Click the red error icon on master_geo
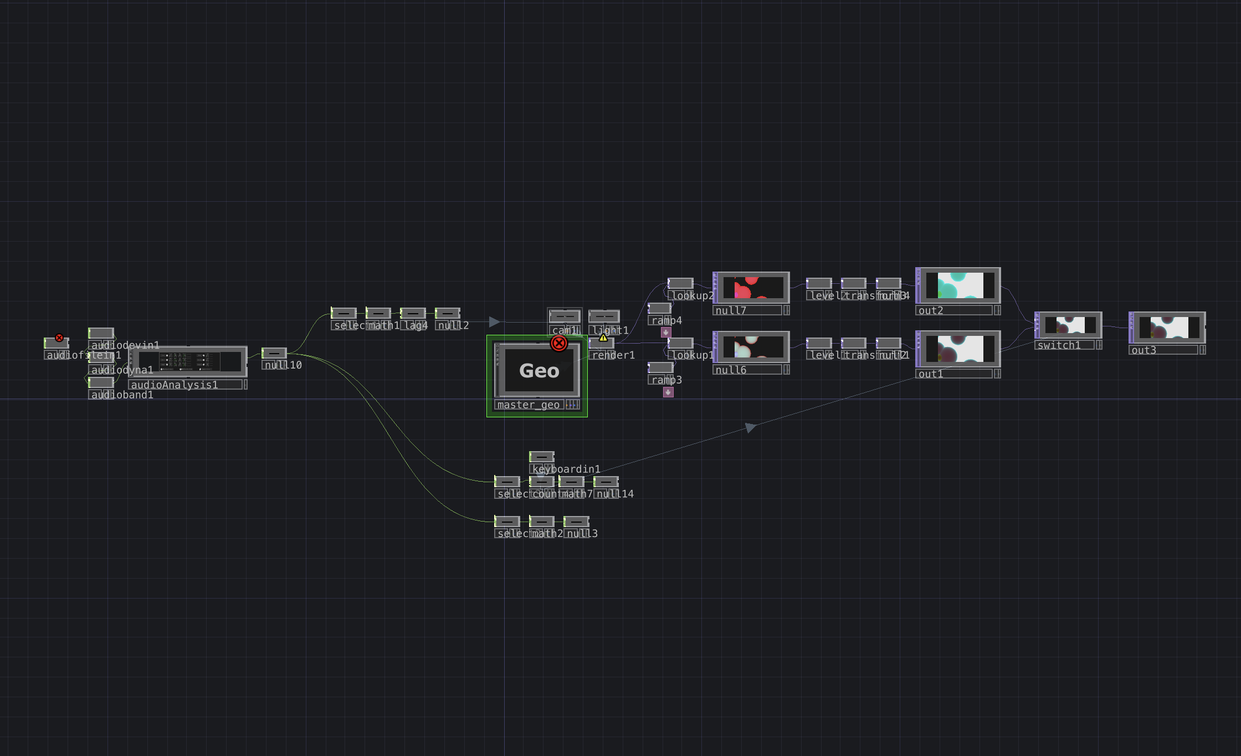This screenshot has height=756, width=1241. [559, 344]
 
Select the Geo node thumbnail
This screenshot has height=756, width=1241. [539, 370]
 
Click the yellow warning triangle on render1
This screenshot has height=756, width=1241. [603, 338]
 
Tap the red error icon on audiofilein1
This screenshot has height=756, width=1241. [59, 338]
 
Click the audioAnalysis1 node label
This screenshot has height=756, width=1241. [175, 385]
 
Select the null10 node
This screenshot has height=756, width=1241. [274, 354]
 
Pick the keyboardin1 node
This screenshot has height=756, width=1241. [541, 457]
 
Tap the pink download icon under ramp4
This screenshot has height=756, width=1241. [666, 332]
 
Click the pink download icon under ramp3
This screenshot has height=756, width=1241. [668, 392]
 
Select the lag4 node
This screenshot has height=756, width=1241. [413, 313]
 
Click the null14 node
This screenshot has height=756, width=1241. [606, 482]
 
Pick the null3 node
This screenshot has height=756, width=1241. [576, 522]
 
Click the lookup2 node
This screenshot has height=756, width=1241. [680, 283]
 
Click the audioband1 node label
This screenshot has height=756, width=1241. [122, 395]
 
